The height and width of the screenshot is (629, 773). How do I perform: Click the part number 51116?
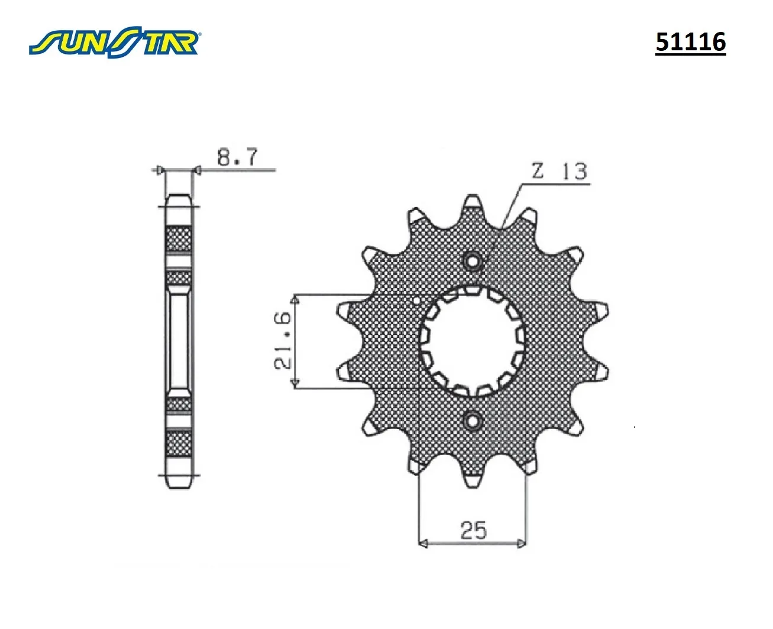(x=691, y=42)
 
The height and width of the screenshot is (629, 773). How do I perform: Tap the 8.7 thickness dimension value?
(x=237, y=157)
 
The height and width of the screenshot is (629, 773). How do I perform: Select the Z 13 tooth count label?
(x=559, y=171)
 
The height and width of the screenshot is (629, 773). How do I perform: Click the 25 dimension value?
(x=473, y=530)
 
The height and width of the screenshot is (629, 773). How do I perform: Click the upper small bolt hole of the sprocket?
(x=472, y=261)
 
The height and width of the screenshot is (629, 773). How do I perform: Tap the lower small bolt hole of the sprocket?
(x=473, y=421)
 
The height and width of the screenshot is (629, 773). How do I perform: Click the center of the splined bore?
(x=473, y=341)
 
